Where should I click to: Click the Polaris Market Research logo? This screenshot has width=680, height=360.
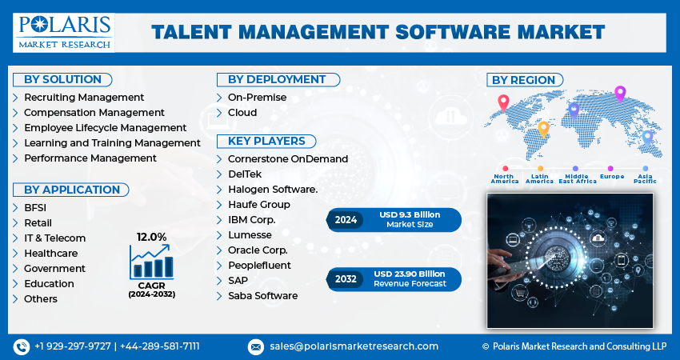point(65,32)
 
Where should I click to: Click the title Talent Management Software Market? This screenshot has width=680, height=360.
point(378,32)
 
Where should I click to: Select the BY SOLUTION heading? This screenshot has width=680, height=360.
point(62,79)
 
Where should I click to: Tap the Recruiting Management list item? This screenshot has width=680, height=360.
point(84,98)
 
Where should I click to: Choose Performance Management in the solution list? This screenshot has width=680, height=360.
point(90,158)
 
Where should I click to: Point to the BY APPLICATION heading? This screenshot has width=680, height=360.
point(72,190)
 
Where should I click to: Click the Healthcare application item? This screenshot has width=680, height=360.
point(51,254)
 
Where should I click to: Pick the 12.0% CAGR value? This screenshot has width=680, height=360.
point(151,237)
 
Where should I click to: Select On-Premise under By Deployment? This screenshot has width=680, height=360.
point(257,98)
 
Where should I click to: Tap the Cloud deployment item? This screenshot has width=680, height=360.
point(242,113)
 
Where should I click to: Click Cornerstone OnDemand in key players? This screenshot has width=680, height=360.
point(287,159)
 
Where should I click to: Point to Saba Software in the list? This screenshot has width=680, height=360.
point(262,296)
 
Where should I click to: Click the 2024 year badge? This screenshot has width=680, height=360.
point(346,219)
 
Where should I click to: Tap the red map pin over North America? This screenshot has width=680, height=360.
point(503,102)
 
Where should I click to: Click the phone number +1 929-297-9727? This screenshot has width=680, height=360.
point(74,346)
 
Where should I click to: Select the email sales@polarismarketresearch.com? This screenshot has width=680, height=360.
point(353,346)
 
